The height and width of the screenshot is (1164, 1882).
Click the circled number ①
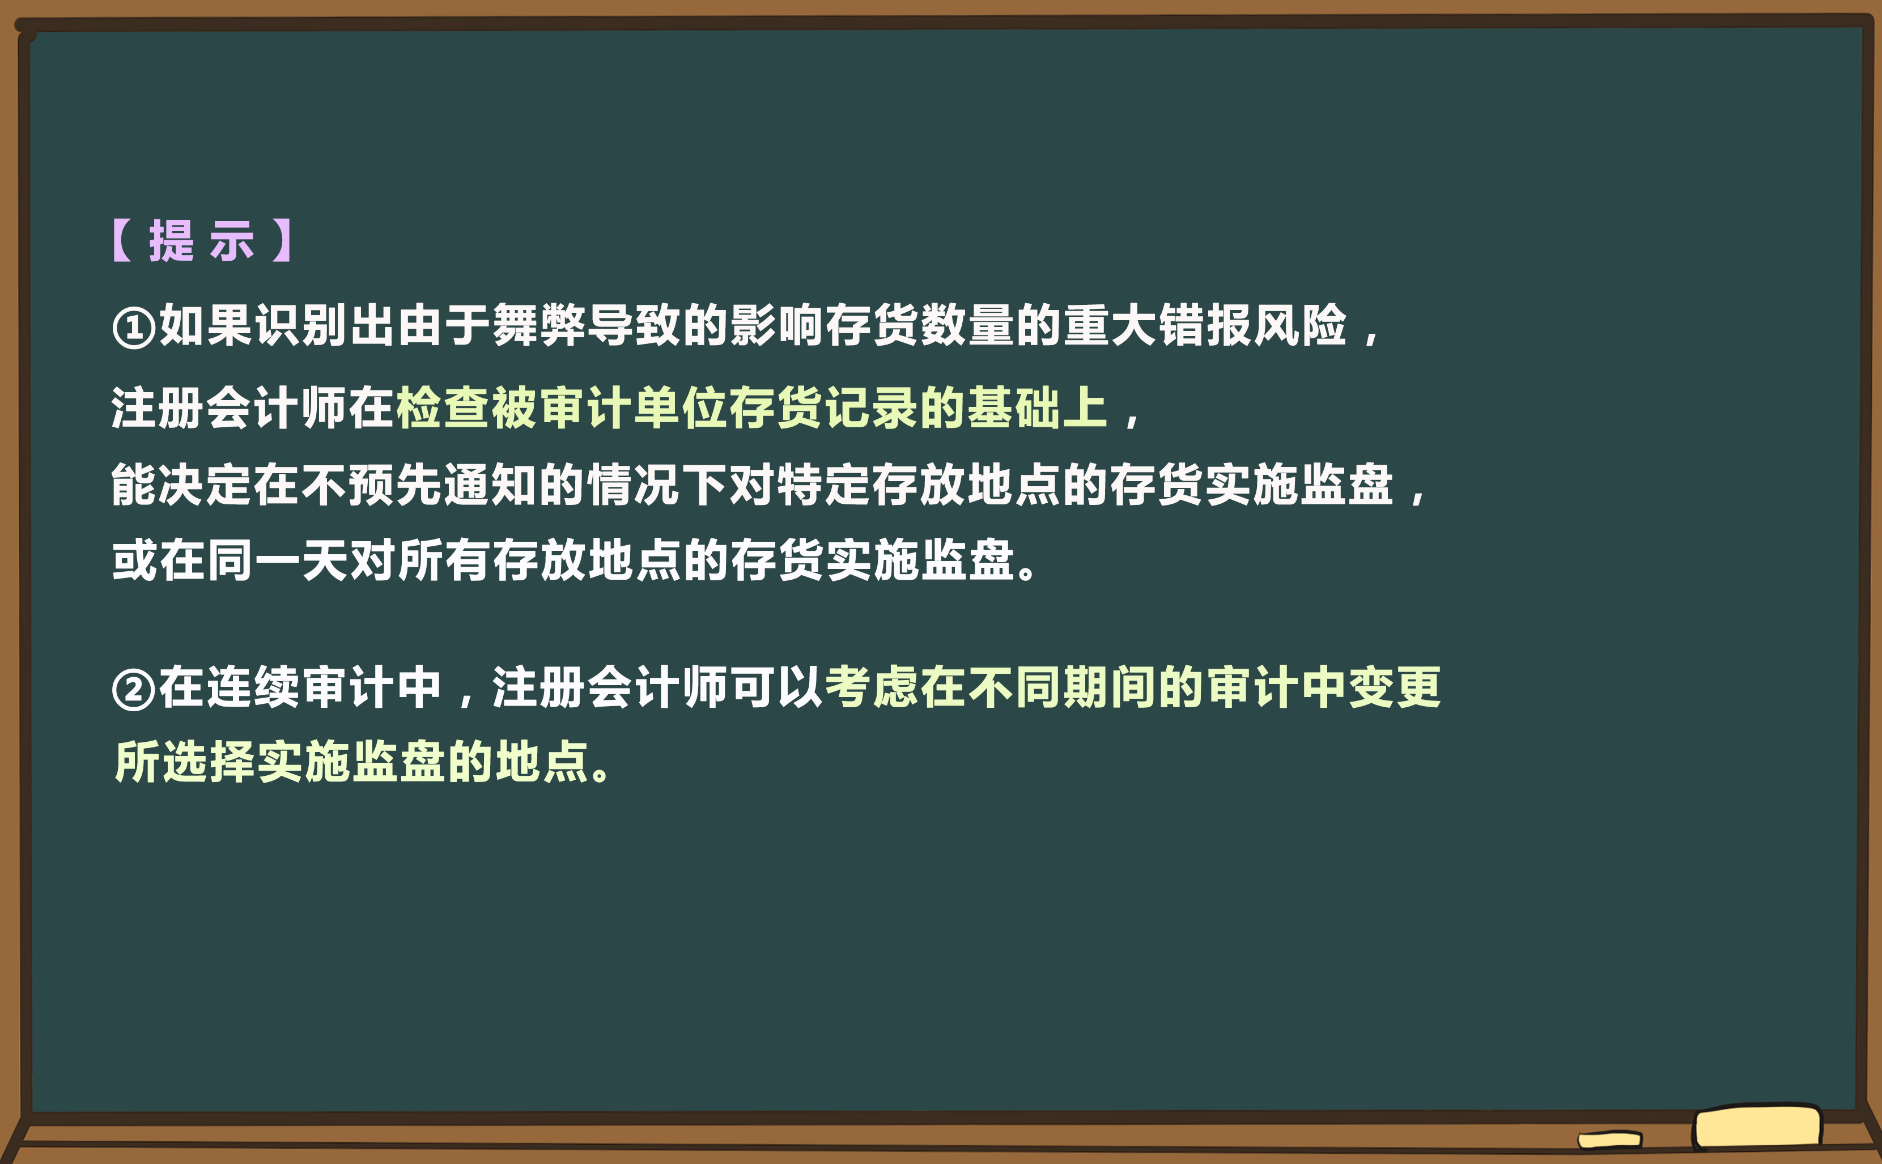(134, 327)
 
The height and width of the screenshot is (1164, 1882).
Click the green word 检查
(443, 408)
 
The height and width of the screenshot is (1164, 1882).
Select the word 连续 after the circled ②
(230, 687)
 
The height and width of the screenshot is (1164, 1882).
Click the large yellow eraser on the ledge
(1757, 1127)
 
